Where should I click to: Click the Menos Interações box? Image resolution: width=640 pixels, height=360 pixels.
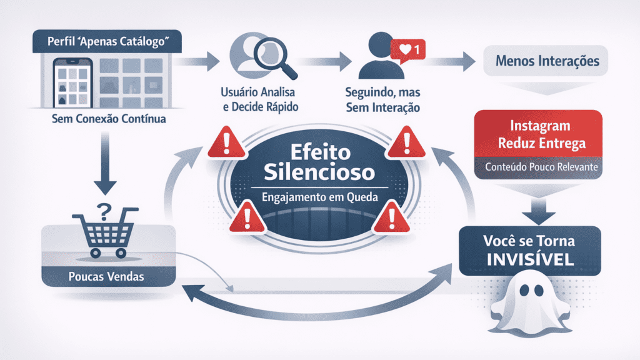point(547,62)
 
